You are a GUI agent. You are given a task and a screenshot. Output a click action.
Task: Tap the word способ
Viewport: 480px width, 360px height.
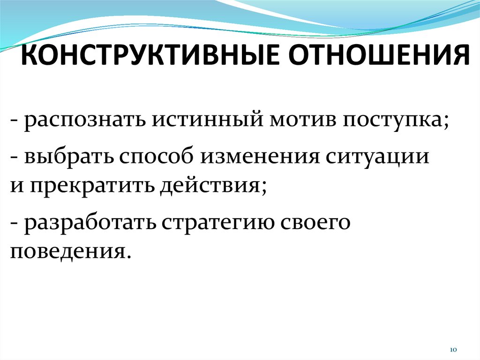tap(157, 156)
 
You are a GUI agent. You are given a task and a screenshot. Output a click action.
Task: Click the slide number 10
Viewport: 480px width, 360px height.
tap(453, 350)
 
